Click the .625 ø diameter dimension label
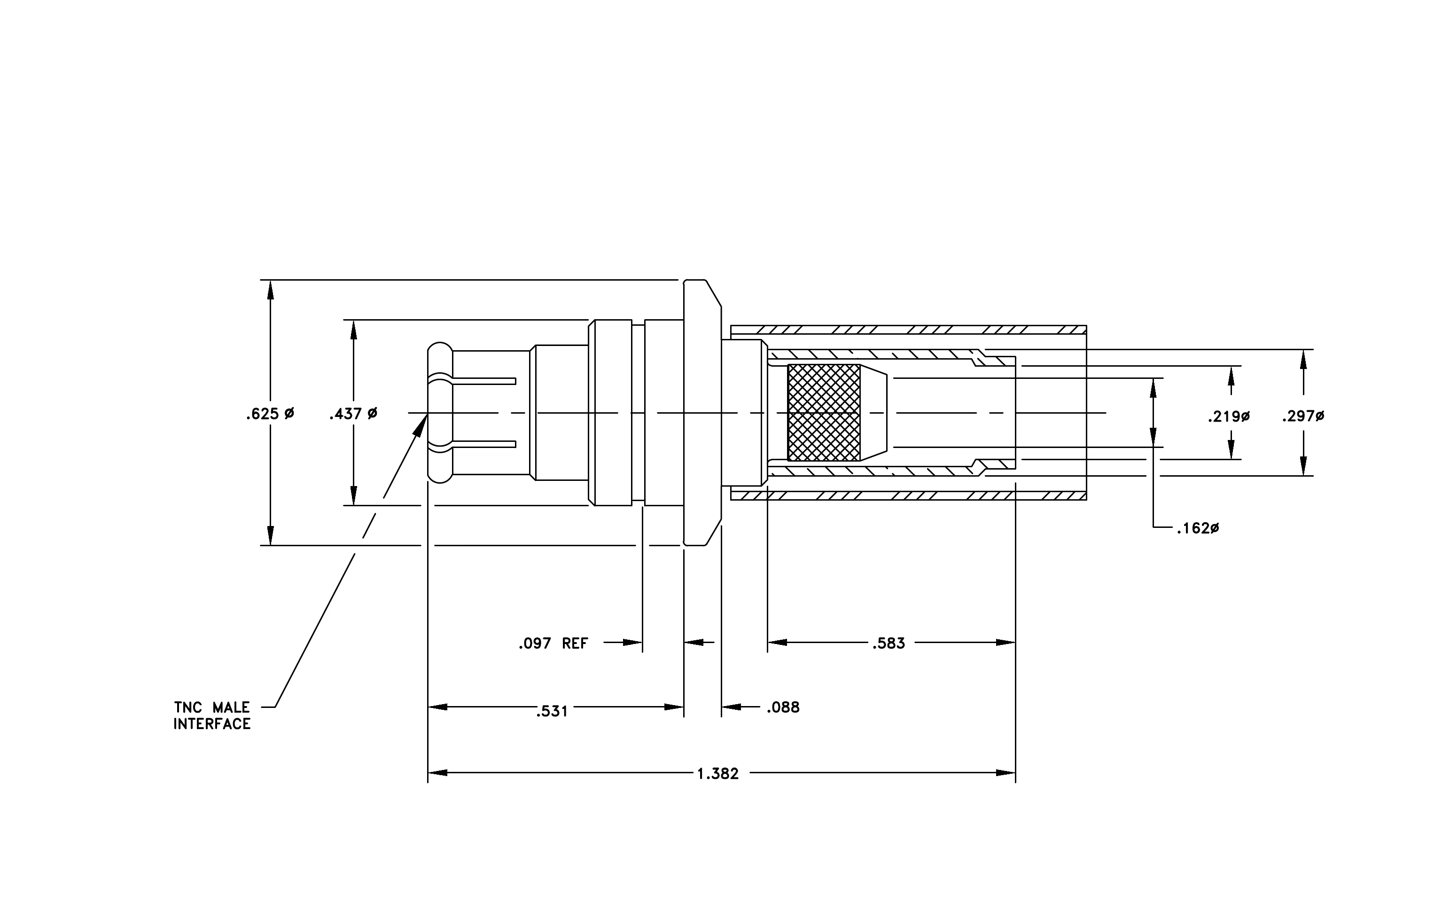270,414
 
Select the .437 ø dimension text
353,414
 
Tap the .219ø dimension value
1229,416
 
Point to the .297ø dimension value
1303,416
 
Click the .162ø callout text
1198,528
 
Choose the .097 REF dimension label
553,644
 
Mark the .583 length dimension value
889,644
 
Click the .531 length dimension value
552,712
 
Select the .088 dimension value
783,707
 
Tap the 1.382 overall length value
718,774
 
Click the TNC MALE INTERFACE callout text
212,716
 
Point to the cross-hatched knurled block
824,413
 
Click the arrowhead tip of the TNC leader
427,414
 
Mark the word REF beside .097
576,644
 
